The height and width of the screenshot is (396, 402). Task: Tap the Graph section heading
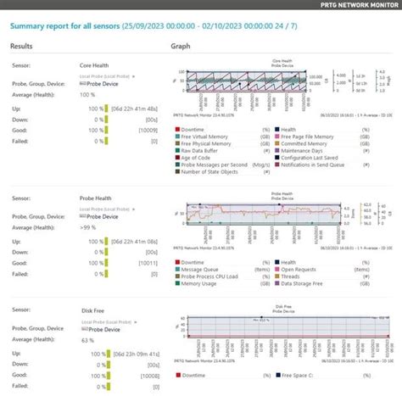[181, 47]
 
